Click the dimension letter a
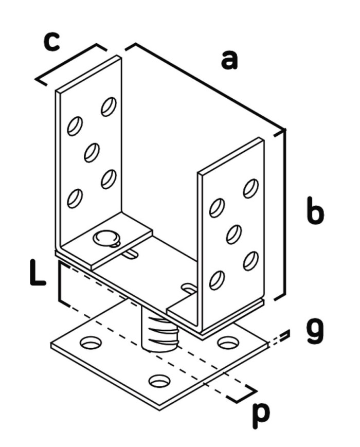tap(229, 60)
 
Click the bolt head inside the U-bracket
tap(105, 238)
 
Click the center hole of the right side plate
tap(234, 234)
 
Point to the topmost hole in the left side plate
tap(109, 106)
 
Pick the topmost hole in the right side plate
tap(250, 188)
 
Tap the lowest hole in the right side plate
tap(217, 280)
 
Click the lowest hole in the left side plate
tap(75, 198)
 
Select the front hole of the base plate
tap(159, 381)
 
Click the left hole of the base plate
tap(91, 342)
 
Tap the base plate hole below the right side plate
tap(227, 342)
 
